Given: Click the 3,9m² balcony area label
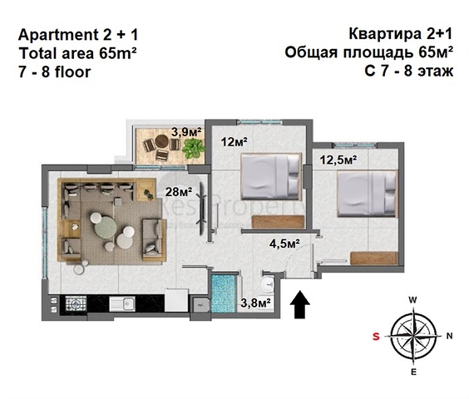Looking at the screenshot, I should [184, 131].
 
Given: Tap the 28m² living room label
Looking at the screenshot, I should [179, 192].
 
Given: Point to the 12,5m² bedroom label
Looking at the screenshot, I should [338, 157].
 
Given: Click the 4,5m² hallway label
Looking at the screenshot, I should [284, 243].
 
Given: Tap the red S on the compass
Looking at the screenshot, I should [376, 336].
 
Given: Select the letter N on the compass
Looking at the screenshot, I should [449, 336].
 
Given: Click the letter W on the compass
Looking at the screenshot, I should [412, 299].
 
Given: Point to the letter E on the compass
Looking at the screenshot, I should [412, 373].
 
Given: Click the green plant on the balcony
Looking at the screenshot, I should [194, 148].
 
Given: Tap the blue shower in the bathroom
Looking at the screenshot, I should [222, 293].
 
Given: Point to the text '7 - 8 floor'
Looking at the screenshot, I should [54, 71].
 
